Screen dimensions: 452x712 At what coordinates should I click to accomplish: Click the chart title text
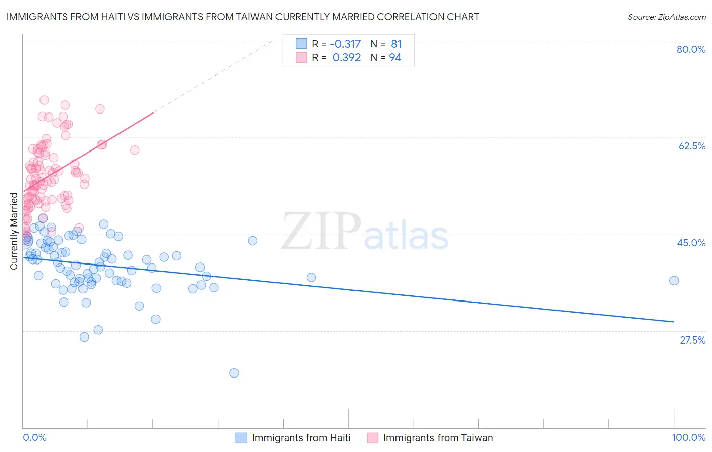click(243, 17)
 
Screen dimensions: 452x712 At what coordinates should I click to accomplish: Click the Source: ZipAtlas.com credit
click(666, 17)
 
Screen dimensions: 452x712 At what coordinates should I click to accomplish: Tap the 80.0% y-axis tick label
click(691, 49)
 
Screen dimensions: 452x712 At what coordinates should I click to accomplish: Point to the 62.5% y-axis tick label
click(692, 146)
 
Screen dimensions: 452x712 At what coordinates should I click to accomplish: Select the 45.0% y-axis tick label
click(691, 243)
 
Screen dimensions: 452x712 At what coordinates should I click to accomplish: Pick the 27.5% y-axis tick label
click(692, 340)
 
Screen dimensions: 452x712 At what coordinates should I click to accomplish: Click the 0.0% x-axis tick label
click(34, 437)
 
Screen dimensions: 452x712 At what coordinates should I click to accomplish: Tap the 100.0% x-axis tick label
click(688, 437)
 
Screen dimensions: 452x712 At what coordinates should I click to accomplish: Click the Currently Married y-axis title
click(14, 231)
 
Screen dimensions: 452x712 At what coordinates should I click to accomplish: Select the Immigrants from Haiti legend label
click(301, 438)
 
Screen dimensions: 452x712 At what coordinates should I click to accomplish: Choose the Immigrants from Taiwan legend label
click(438, 438)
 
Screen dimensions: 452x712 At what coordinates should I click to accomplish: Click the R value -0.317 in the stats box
click(345, 44)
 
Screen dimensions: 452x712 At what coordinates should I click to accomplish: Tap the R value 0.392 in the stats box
click(346, 58)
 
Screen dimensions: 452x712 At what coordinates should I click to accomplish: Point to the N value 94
click(395, 58)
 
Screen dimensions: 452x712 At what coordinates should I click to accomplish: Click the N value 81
click(396, 44)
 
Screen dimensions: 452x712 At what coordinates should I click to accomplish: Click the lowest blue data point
click(234, 373)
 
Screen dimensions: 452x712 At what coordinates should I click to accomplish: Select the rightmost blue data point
click(674, 281)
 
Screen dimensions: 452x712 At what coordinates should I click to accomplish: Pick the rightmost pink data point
click(135, 150)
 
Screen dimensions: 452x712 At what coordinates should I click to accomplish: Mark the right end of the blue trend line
click(674, 322)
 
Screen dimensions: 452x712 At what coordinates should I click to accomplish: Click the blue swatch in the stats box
click(301, 44)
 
